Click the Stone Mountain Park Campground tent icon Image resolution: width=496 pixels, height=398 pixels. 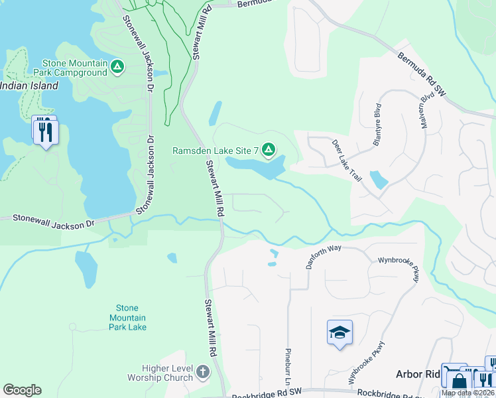(x=117, y=66)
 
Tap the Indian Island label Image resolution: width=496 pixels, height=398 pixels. (x=29, y=86)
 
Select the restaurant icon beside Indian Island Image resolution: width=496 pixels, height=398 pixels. (x=46, y=131)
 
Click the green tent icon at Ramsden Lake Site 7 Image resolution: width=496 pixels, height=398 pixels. (x=269, y=151)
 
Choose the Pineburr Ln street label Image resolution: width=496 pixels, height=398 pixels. (x=288, y=369)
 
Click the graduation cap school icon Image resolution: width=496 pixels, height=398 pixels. (x=340, y=332)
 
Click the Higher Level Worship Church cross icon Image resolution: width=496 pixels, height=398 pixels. (x=203, y=373)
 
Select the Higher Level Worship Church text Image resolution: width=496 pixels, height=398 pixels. (x=168, y=373)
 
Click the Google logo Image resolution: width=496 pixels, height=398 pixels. (x=22, y=390)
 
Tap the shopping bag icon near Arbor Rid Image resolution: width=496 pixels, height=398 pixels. (x=459, y=381)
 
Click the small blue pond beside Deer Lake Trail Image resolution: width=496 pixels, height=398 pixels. (x=379, y=180)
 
